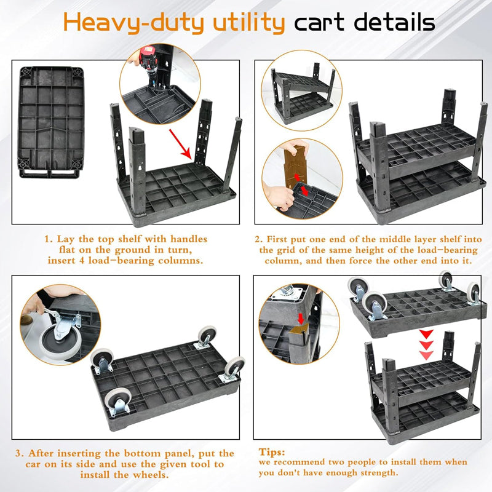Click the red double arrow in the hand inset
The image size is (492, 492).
(300, 185)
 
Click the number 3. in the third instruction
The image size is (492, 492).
(20, 453)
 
